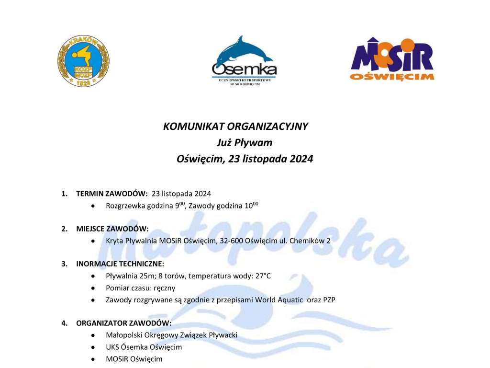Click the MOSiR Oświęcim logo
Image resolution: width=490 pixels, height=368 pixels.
(x=391, y=59)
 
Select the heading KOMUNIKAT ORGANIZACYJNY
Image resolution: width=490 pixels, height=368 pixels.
(x=236, y=127)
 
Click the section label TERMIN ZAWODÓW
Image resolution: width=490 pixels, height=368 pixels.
(x=111, y=194)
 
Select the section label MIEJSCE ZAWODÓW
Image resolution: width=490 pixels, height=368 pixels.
(x=112, y=229)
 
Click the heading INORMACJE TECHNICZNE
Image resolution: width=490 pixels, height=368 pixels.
(x=120, y=264)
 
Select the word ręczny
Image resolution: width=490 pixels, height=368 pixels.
(x=164, y=288)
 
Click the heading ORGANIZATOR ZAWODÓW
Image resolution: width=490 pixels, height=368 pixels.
(x=123, y=323)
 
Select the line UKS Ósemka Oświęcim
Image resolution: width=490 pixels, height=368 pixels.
(x=144, y=347)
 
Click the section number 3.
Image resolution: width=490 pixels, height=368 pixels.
(x=64, y=264)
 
